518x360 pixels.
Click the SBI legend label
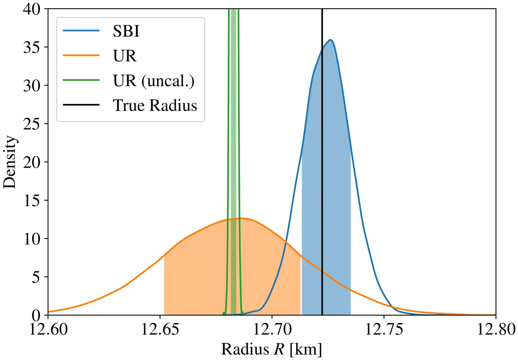126,31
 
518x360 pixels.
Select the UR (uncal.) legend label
154,81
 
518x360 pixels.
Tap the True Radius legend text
155,106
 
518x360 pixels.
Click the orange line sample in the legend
81,55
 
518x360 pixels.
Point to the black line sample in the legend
81,105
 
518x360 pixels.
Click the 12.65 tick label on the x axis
160,329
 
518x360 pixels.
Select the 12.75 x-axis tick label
384,329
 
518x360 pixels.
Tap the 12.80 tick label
496,329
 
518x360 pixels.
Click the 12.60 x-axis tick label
48,329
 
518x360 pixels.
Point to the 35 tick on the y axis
31,47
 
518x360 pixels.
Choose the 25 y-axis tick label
31,124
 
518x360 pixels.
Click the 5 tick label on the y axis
36,277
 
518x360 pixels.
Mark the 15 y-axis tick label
31,201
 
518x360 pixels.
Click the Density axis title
10,162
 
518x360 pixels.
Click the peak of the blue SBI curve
331,40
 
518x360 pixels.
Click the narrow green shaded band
233,130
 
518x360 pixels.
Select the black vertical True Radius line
322,162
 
